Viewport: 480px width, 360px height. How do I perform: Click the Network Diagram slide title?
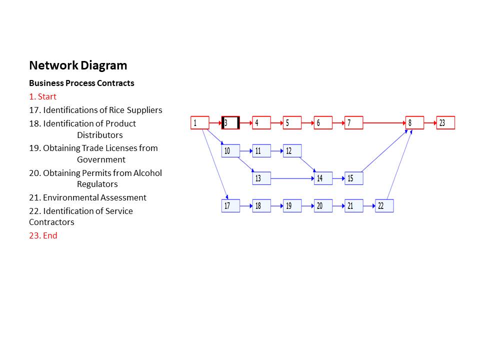point(78,65)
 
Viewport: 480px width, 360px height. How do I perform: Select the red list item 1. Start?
point(42,96)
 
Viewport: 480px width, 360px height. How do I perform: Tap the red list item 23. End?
point(43,235)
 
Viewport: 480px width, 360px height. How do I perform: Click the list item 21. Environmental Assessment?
point(87,197)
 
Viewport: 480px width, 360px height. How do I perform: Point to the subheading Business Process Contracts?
point(81,83)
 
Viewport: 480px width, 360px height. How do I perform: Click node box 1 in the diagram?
point(199,122)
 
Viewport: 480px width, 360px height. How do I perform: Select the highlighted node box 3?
point(230,122)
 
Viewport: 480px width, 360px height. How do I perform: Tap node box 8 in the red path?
point(414,122)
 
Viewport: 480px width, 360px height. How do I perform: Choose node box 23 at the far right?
point(445,122)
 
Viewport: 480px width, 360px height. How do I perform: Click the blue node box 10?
point(230,150)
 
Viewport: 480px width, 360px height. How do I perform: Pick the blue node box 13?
point(261,178)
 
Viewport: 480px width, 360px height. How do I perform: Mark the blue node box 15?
point(353,178)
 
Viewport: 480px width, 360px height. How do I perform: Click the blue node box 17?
point(230,205)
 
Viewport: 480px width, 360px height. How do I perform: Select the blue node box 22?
point(384,205)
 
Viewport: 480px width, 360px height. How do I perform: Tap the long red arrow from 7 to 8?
point(384,122)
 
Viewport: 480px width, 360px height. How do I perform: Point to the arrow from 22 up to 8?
point(399,165)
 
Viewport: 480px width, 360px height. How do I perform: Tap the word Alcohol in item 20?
point(147,173)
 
